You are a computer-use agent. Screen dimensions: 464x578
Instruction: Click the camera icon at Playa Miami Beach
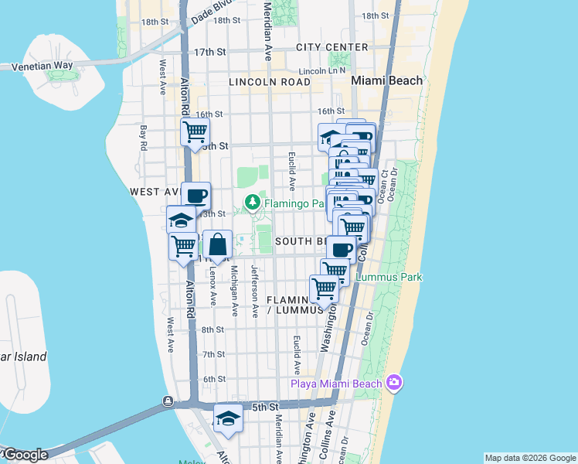click(395, 382)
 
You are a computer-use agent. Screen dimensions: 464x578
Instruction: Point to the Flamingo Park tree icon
click(252, 203)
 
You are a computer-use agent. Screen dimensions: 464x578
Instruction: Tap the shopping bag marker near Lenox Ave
click(218, 244)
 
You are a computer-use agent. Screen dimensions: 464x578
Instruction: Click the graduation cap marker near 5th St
click(228, 418)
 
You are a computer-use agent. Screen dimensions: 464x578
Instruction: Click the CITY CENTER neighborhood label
click(332, 47)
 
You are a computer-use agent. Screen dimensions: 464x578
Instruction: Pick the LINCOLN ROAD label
click(269, 81)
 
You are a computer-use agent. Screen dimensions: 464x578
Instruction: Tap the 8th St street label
click(212, 329)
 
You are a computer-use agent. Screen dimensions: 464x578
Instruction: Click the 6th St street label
click(213, 379)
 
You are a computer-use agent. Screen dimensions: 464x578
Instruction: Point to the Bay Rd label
click(143, 138)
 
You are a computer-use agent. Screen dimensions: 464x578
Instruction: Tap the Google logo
click(25, 455)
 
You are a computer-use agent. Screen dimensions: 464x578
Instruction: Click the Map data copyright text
click(530, 458)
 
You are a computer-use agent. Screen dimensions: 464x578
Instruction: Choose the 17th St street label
click(209, 52)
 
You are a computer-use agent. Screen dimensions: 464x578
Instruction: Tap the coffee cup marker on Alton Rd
click(195, 195)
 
